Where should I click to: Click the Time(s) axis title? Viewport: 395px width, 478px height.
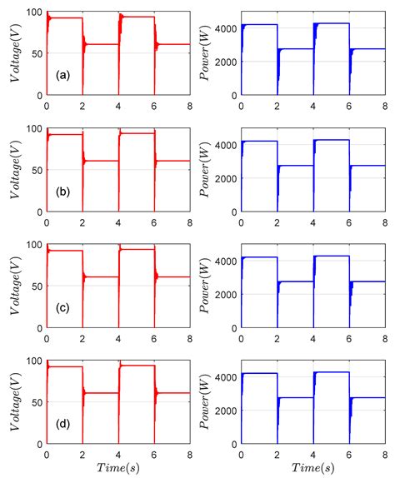pyautogui.click(x=119, y=468)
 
